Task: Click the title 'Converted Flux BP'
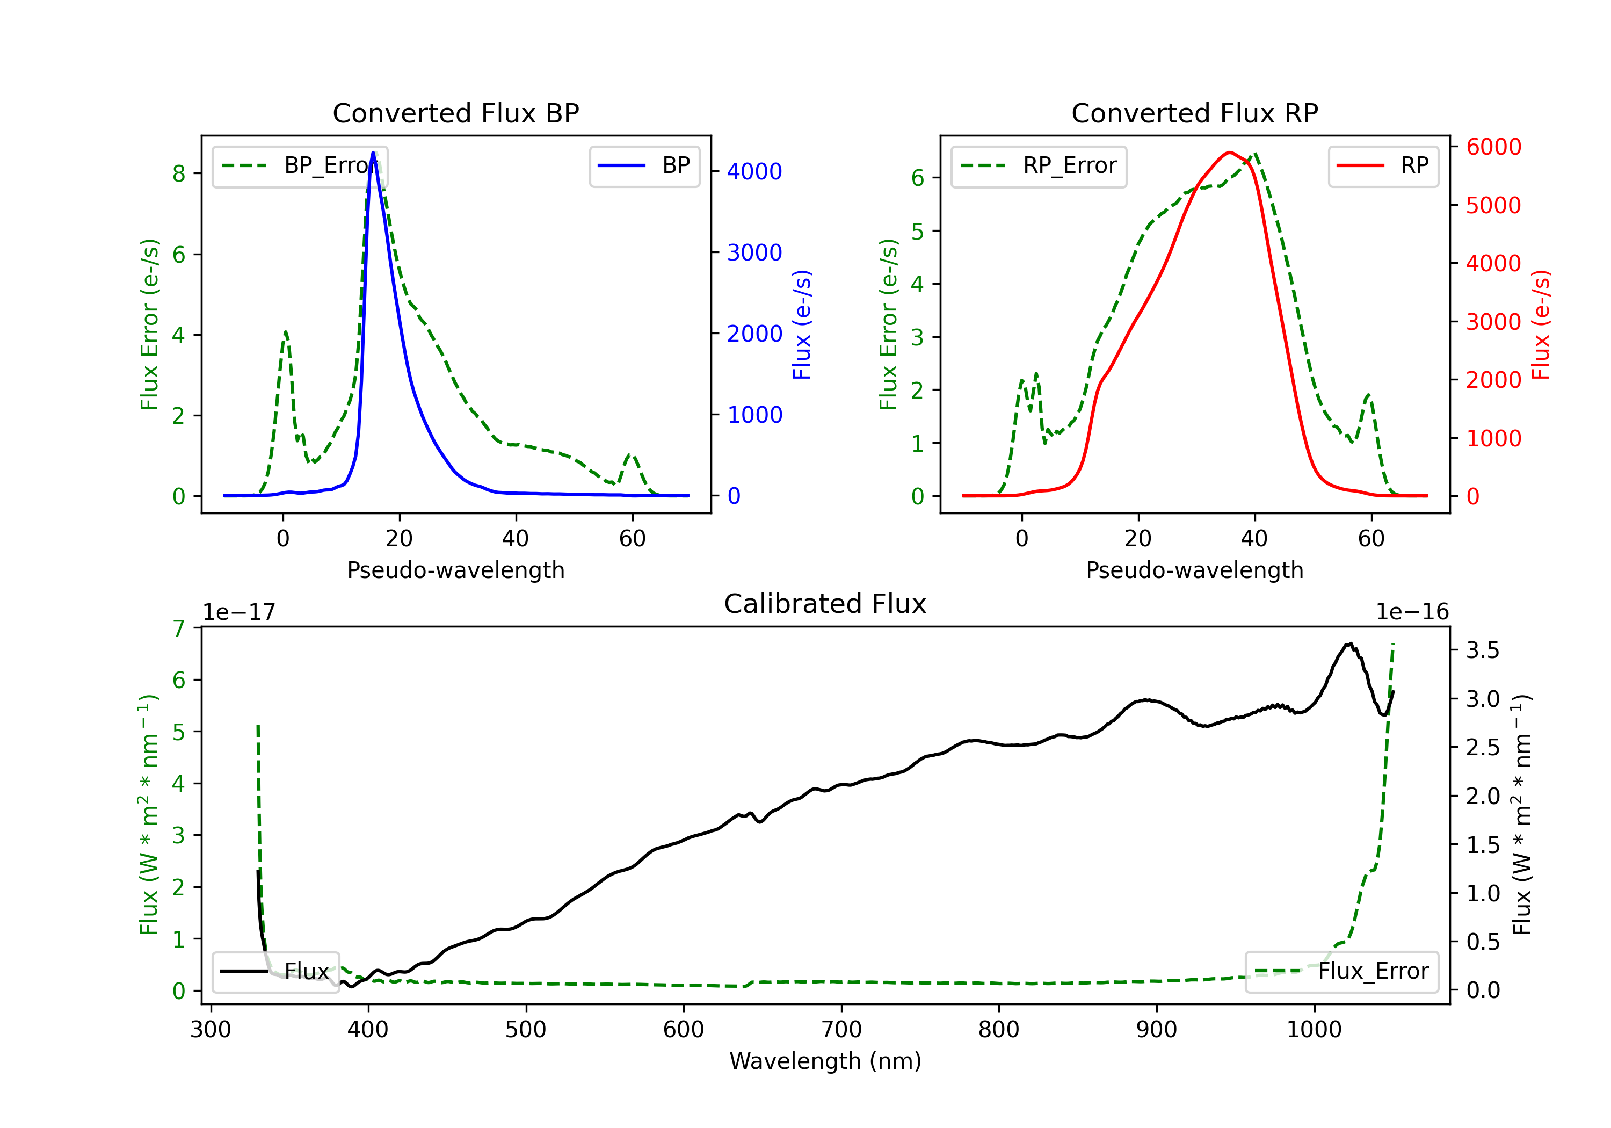click(x=455, y=113)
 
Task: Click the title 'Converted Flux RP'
click(x=1194, y=113)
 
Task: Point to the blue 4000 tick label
click(x=754, y=171)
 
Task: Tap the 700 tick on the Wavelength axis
click(x=841, y=1030)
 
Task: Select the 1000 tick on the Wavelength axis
click(x=1314, y=1030)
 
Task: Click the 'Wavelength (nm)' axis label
click(x=825, y=1061)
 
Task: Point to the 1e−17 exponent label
click(x=240, y=612)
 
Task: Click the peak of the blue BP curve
click(x=373, y=153)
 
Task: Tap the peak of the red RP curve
click(x=1229, y=153)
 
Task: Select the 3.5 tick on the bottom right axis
click(x=1483, y=650)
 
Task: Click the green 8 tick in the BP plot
click(x=179, y=173)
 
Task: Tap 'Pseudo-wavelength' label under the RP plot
click(x=1194, y=570)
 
